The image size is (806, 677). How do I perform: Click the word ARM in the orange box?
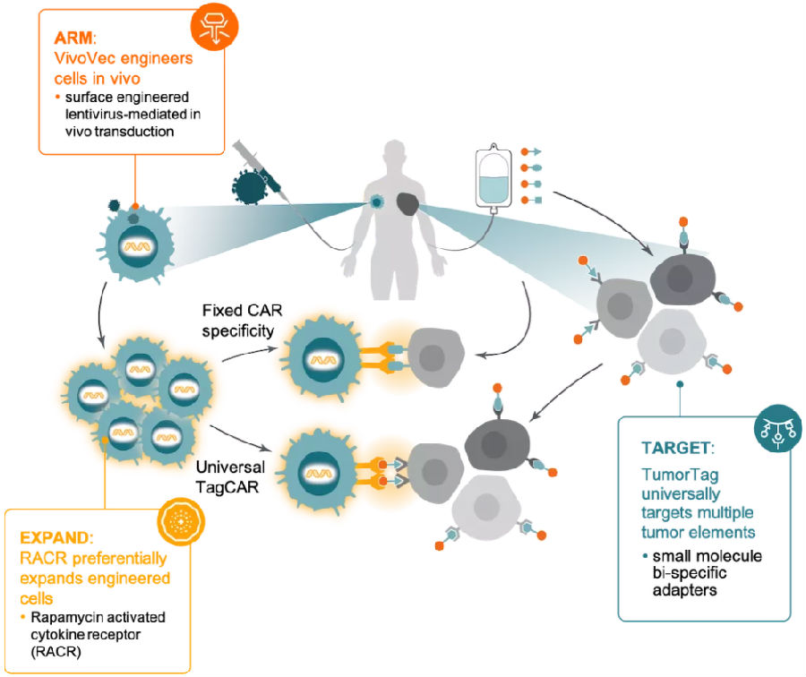(x=73, y=38)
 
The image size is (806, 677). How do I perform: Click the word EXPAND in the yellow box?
(x=55, y=537)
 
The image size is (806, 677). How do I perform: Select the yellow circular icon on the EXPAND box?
(x=181, y=522)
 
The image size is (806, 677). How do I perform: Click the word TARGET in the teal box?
(x=675, y=448)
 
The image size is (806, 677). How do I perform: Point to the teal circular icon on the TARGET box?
(x=777, y=428)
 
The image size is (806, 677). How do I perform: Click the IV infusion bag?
(x=493, y=178)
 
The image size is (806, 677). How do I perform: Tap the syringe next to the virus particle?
(x=261, y=169)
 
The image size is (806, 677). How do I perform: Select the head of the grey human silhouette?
(x=395, y=155)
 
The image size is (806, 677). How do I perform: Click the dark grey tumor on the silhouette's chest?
(x=408, y=204)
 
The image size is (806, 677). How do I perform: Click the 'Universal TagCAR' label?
(x=230, y=477)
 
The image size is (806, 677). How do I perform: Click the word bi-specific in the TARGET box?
(x=690, y=573)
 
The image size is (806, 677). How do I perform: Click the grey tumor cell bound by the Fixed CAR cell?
(x=435, y=356)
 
